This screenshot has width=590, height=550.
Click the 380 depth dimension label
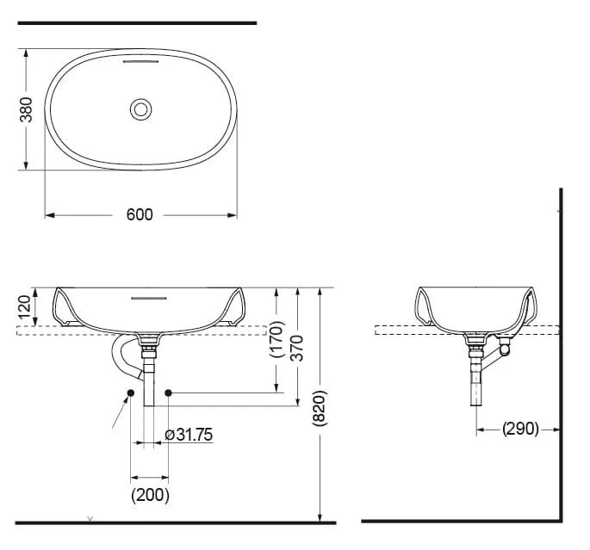click(26, 109)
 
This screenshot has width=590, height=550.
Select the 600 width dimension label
click(140, 214)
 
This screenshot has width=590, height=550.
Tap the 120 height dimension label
click(24, 306)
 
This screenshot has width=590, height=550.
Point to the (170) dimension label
click(277, 339)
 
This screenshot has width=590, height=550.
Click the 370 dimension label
click(297, 348)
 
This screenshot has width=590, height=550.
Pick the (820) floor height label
click(320, 408)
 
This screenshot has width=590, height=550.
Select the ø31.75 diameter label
click(189, 435)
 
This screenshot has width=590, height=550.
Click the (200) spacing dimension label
click(150, 495)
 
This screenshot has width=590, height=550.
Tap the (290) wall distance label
click(520, 428)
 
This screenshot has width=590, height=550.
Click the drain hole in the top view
click(140, 110)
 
